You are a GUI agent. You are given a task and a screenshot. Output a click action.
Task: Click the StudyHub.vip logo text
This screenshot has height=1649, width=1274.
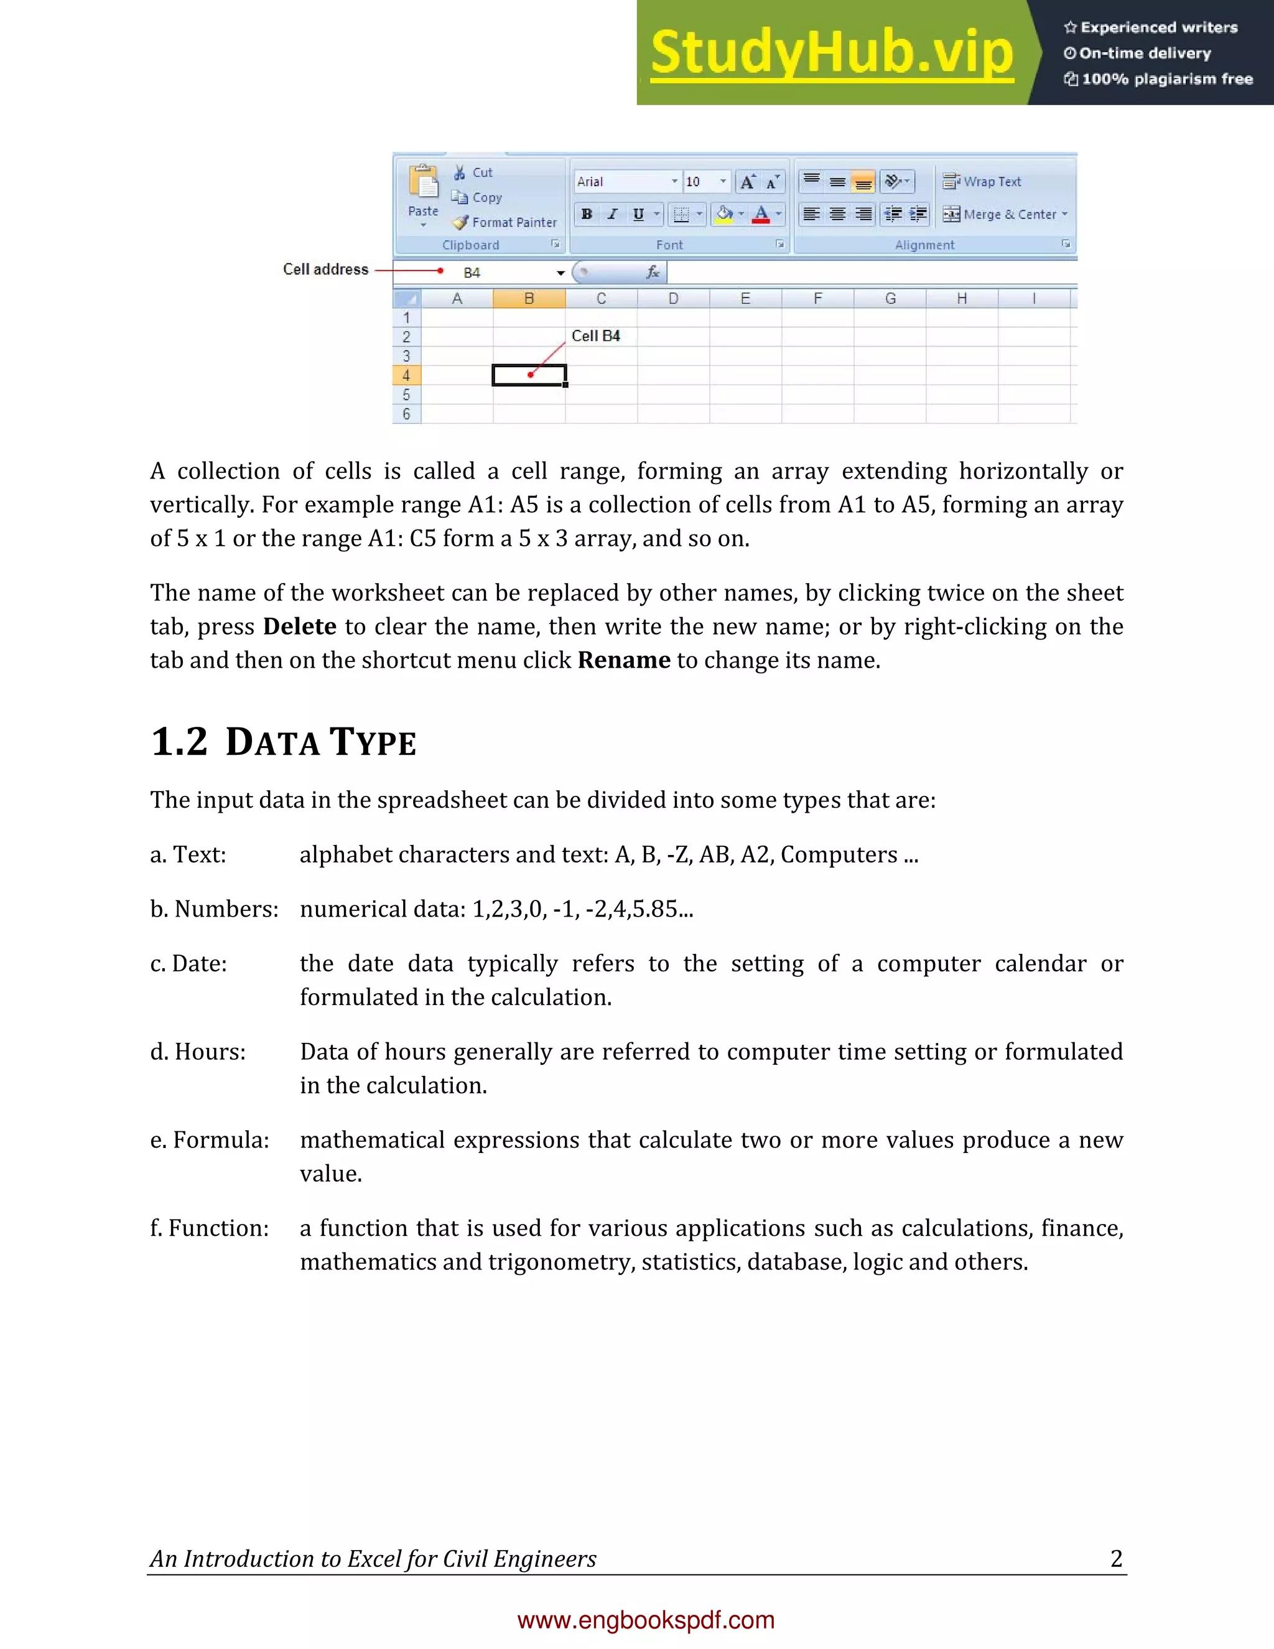tap(832, 53)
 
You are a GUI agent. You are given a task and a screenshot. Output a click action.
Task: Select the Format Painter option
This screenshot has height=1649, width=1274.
tap(505, 222)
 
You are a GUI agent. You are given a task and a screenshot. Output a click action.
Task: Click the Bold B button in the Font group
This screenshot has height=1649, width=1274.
tap(587, 215)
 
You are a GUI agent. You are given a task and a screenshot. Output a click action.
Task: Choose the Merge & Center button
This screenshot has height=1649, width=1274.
tap(1005, 215)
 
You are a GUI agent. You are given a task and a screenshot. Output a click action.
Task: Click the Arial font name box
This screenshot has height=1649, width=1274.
tap(623, 181)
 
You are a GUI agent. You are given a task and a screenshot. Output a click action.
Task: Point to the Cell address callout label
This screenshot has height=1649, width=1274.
tap(325, 269)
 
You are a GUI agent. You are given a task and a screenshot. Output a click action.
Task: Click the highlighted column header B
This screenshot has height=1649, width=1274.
tap(529, 299)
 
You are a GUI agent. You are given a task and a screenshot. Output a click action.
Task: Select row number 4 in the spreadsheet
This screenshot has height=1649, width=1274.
tap(406, 375)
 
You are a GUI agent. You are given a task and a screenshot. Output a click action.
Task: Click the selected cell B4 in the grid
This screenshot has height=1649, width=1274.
tap(529, 375)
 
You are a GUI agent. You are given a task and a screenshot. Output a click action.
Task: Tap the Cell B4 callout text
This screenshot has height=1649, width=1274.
tap(595, 336)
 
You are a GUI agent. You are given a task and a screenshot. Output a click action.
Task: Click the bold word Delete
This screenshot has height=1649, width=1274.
tap(300, 627)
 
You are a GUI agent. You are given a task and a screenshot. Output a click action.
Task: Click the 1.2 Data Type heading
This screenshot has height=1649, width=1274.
tap(284, 742)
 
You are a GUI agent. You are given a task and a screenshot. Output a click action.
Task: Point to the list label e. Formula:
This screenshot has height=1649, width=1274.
tap(210, 1140)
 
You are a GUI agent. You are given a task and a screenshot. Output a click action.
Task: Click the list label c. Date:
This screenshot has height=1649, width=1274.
tap(188, 964)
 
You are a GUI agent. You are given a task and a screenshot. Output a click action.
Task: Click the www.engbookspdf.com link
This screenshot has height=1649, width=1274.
tap(646, 1620)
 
